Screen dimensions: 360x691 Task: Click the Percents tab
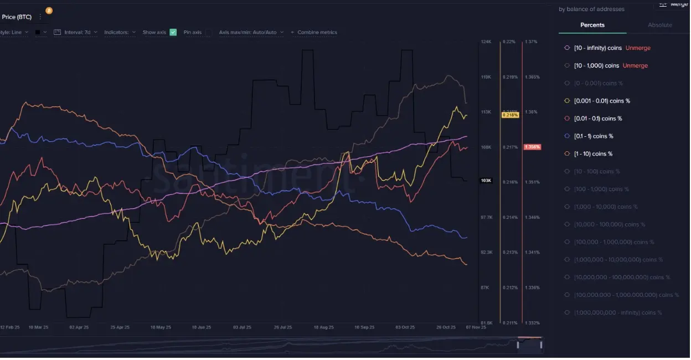tap(592, 25)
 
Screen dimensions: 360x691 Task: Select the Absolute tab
tap(659, 25)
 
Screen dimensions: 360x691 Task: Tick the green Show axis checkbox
tap(173, 32)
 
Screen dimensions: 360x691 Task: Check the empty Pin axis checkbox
tap(208, 32)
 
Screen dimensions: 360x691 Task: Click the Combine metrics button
tap(314, 32)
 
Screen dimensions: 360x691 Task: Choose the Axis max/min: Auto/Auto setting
tap(251, 32)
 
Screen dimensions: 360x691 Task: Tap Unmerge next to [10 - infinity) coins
tap(637, 48)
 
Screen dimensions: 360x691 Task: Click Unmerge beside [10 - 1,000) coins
tap(635, 66)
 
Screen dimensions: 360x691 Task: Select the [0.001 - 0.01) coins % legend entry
tap(602, 101)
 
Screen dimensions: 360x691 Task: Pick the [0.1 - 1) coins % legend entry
tap(594, 136)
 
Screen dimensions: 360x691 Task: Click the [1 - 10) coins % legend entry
tap(593, 154)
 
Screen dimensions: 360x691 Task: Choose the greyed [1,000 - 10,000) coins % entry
tap(606, 207)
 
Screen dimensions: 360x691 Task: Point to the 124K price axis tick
tap(486, 42)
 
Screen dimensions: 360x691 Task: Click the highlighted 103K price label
tap(486, 181)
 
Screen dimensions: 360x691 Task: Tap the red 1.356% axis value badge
tap(532, 147)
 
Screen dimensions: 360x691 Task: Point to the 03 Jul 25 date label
tap(242, 327)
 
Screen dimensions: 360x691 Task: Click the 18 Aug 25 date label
tap(323, 327)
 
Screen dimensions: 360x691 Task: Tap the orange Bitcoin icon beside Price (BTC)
tap(49, 11)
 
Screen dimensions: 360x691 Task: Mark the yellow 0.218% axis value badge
tap(509, 115)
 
